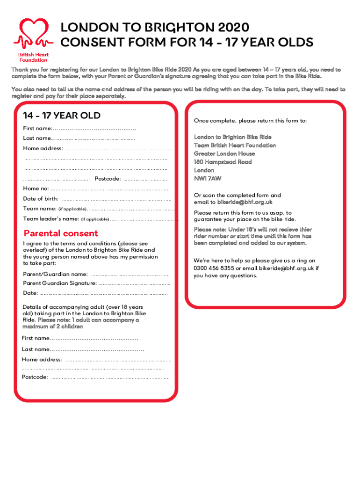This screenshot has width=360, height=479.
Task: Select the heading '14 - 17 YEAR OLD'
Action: (x=62, y=116)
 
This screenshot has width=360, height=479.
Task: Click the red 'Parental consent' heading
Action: (x=61, y=233)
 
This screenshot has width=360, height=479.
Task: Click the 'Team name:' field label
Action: (x=40, y=208)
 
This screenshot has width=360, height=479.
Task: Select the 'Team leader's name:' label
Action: (x=51, y=218)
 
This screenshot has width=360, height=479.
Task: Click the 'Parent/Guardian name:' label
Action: (x=55, y=274)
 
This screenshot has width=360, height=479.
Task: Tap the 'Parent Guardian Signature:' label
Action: (x=60, y=283)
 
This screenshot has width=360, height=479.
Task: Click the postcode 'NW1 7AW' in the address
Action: (x=208, y=179)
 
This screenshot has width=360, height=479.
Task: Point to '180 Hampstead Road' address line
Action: (x=223, y=162)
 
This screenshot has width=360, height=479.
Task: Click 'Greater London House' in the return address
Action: (x=224, y=153)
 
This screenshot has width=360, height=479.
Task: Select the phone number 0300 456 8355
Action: (x=214, y=268)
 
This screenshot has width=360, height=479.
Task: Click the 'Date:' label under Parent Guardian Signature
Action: (x=30, y=293)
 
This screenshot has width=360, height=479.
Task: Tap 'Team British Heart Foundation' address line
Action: (x=235, y=145)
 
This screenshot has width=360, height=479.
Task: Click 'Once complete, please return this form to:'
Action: (x=250, y=121)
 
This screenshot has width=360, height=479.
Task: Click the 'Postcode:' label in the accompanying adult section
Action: (x=35, y=377)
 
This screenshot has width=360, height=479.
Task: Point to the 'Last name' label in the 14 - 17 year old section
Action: (x=37, y=138)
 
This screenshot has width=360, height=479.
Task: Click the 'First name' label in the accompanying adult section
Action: (x=36, y=338)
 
